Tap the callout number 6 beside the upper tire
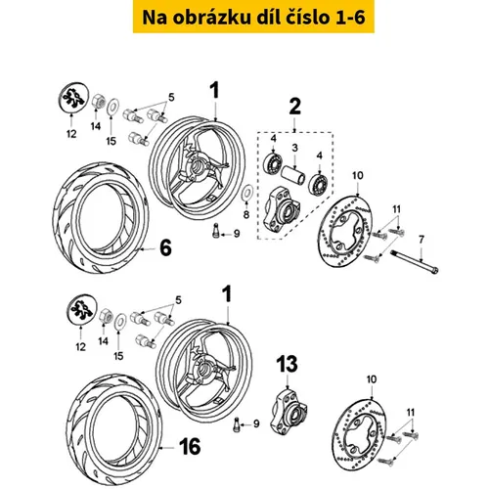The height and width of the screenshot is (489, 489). [165, 247]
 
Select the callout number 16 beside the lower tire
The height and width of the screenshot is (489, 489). [190, 446]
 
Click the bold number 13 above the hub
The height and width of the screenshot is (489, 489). [287, 364]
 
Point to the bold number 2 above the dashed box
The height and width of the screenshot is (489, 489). [295, 107]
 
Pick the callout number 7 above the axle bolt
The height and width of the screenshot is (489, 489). [422, 240]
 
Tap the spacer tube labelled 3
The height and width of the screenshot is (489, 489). [293, 175]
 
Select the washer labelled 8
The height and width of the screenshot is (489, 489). [247, 192]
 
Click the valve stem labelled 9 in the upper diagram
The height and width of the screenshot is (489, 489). [215, 230]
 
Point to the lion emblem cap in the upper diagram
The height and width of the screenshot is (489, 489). [73, 98]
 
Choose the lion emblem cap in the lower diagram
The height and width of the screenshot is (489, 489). [81, 310]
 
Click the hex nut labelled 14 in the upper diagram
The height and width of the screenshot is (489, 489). [99, 101]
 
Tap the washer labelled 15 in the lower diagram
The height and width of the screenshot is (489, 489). [120, 321]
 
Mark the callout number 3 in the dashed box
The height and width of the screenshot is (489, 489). [295, 148]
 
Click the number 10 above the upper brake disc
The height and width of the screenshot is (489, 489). [358, 175]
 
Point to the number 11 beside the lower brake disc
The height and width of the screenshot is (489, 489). [411, 413]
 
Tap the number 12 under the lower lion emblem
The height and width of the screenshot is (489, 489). [80, 346]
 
